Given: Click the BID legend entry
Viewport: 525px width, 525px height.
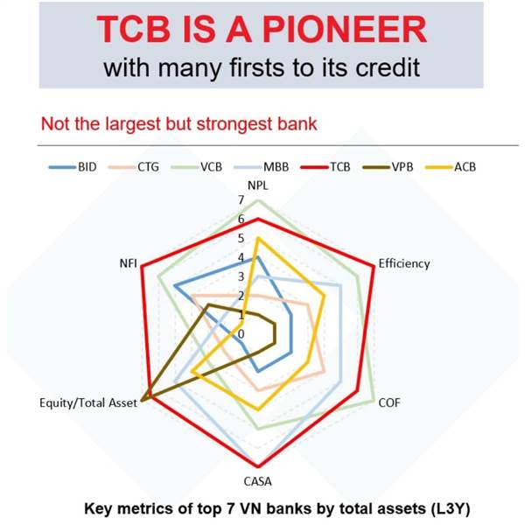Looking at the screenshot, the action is tap(73, 167).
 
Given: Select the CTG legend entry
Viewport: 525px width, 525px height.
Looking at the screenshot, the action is tap(134, 167).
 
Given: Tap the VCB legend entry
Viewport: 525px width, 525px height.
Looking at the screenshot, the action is tap(197, 167).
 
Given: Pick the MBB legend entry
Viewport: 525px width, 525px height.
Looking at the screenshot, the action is tap(261, 167).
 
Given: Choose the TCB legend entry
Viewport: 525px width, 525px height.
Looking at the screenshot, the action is tap(325, 167).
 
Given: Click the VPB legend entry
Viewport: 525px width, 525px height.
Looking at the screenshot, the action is tap(388, 167).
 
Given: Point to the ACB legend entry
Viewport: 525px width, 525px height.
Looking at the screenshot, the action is tap(451, 167).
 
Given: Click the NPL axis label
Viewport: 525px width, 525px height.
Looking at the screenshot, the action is tap(258, 185).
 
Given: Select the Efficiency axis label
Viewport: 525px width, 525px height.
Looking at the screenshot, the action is tap(404, 264).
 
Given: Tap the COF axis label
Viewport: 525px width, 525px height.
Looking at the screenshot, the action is tap(389, 402).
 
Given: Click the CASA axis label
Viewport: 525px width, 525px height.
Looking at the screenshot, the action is tap(257, 481).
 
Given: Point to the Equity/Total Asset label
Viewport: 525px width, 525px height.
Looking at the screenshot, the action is tap(88, 402).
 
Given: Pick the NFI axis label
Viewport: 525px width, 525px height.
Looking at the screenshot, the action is tap(129, 263).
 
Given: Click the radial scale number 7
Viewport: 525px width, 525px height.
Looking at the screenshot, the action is tap(241, 199).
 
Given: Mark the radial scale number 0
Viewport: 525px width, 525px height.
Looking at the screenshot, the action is tap(241, 334).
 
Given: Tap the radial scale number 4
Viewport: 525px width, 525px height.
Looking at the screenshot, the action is tap(241, 257).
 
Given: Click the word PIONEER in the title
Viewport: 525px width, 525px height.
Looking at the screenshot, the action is tap(345, 30).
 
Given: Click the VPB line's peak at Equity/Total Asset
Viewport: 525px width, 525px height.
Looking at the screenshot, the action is tap(142, 401).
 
